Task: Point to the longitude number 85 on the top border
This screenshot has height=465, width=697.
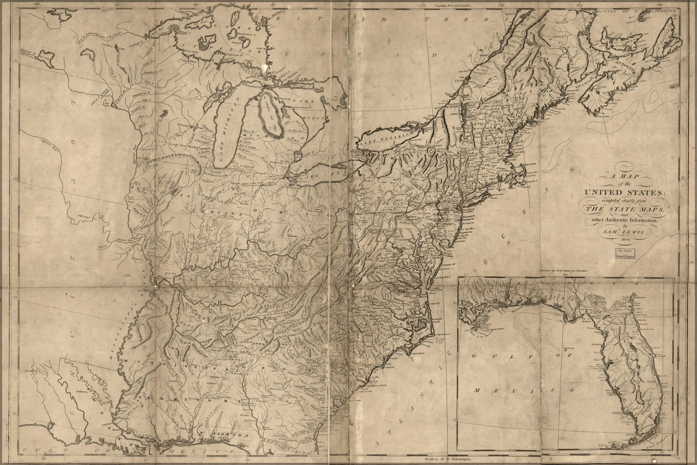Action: click(272, 4)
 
